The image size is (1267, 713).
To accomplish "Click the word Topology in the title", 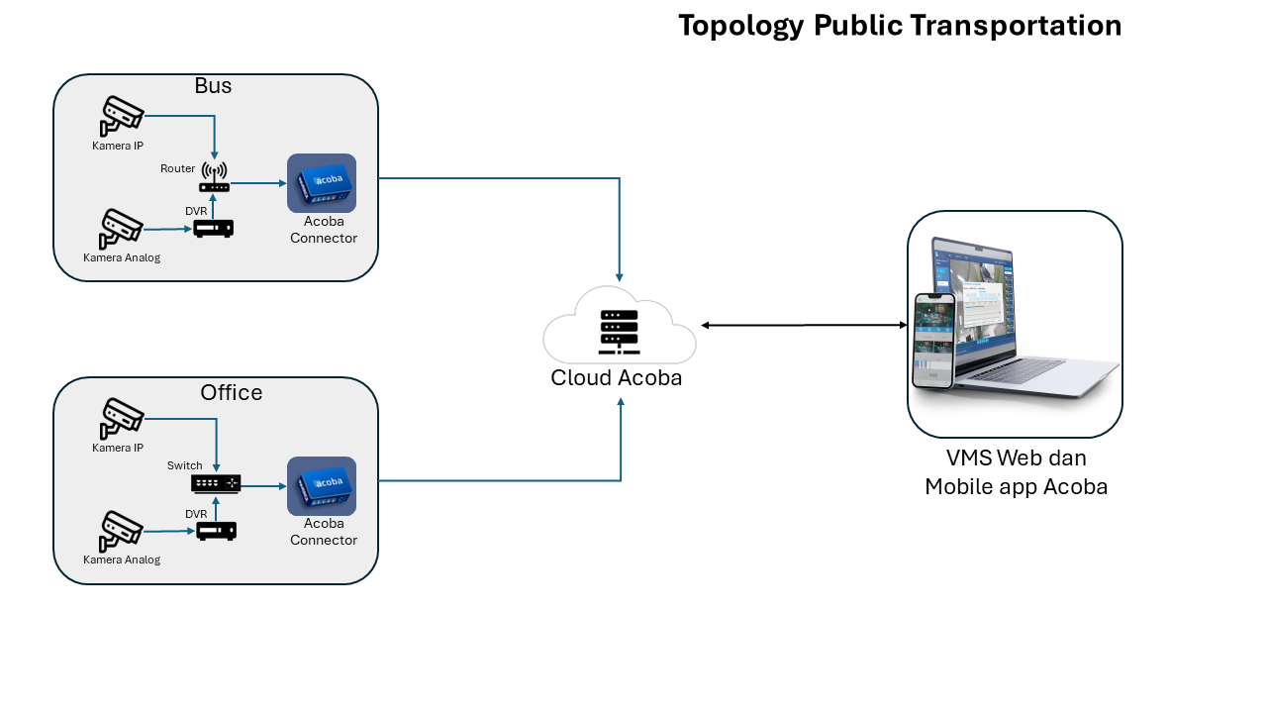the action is pyautogui.click(x=741, y=26).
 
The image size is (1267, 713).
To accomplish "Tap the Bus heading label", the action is pyautogui.click(x=213, y=85).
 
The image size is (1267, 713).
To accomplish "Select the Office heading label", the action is pyautogui.click(x=232, y=393).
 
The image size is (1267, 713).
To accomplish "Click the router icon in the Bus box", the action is pyautogui.click(x=215, y=177).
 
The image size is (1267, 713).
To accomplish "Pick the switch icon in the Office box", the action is pyautogui.click(x=216, y=484).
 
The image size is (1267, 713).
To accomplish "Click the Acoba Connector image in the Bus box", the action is pyautogui.click(x=322, y=183).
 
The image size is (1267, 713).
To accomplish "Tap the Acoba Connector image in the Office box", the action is pyautogui.click(x=322, y=486).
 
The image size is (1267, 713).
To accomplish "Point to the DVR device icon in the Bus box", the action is pyautogui.click(x=213, y=229).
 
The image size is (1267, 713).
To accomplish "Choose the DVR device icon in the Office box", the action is pyautogui.click(x=216, y=531).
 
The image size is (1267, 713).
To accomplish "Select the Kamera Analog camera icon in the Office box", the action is pyautogui.click(x=121, y=532).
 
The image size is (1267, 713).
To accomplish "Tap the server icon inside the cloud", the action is pyautogui.click(x=620, y=332).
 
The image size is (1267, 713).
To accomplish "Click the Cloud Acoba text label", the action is pyautogui.click(x=617, y=378).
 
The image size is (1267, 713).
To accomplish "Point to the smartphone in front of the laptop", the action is pyautogui.click(x=934, y=342).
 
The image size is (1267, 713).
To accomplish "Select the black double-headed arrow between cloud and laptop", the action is pyautogui.click(x=805, y=326).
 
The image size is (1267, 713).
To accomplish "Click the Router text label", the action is pyautogui.click(x=177, y=168).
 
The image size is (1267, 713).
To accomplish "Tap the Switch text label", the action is pyautogui.click(x=184, y=465).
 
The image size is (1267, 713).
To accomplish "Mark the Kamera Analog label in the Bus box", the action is pyautogui.click(x=122, y=258).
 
